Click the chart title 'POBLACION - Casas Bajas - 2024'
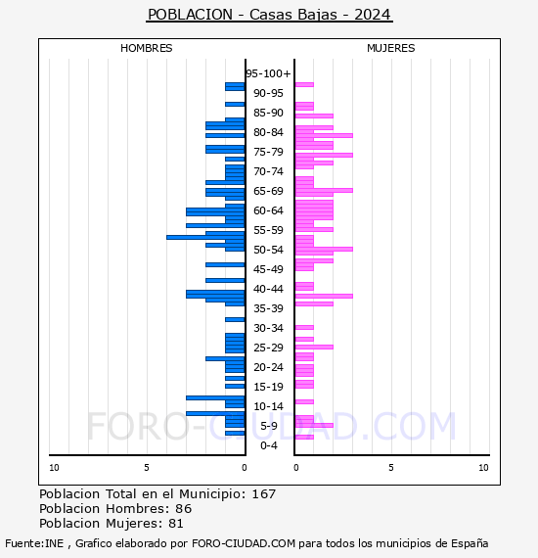(269, 15)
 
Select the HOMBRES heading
(146, 48)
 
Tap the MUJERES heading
(391, 48)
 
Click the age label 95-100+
(268, 73)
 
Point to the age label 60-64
(268, 210)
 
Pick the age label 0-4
(269, 445)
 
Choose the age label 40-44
(268, 289)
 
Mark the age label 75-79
(268, 152)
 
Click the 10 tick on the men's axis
(54, 468)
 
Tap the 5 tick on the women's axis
(391, 468)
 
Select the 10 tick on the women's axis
(483, 468)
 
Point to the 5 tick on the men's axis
(147, 468)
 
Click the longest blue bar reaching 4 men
(205, 237)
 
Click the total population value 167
(264, 494)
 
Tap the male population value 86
(184, 509)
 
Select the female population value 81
(176, 524)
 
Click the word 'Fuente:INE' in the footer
(34, 543)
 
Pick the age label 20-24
(268, 367)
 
